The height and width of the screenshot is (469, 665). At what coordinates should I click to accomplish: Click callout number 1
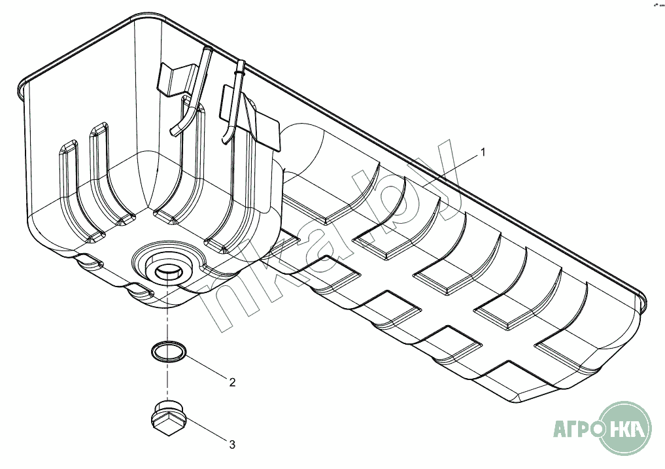tap(483, 152)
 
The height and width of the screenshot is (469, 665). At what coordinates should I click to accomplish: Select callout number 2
tap(231, 382)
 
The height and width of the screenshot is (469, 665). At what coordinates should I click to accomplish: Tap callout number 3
tap(231, 445)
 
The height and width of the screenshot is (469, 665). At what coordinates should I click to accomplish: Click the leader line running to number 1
tap(451, 171)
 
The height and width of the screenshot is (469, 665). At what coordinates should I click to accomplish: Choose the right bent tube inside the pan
tap(233, 101)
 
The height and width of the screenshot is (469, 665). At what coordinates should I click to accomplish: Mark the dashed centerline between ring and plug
tap(168, 382)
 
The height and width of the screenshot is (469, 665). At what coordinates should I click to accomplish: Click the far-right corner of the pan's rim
tap(644, 302)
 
